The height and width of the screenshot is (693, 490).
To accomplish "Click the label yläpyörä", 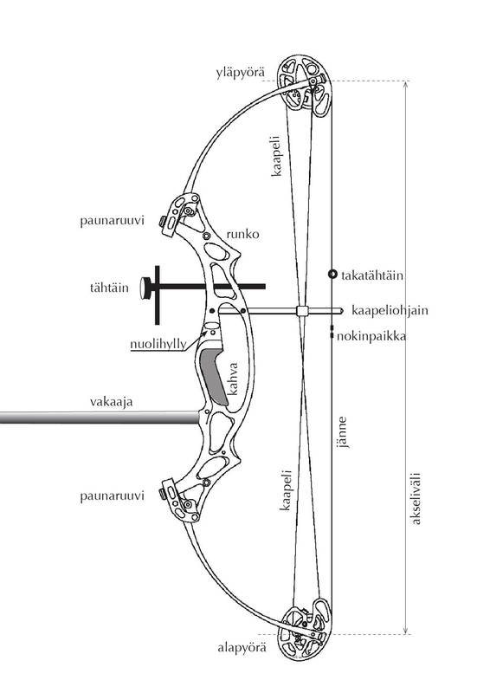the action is click(241, 73).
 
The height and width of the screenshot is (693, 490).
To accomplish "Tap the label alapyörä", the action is click(242, 648).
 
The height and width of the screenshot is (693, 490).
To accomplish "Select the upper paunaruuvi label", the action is click(113, 221).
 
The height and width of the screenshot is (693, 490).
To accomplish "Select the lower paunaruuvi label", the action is click(113, 495).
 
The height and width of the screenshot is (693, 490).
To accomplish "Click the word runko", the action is click(242, 234).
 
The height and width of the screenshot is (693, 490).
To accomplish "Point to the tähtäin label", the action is click(110, 288).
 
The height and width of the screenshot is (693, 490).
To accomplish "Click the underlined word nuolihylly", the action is click(158, 344).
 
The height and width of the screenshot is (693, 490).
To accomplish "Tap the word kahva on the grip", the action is click(232, 379).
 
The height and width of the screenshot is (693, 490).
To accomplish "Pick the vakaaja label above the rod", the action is click(112, 402).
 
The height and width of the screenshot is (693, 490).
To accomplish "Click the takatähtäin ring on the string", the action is click(332, 274).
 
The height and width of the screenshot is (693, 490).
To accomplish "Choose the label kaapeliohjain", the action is click(390, 310).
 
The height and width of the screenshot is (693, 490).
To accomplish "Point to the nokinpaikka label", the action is click(371, 336).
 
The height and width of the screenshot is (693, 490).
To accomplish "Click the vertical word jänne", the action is click(342, 432).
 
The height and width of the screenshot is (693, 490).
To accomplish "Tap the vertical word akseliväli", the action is click(416, 499).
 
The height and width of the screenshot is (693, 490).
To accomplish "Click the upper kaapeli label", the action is click(276, 156).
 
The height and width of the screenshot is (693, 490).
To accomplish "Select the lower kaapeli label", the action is click(286, 490).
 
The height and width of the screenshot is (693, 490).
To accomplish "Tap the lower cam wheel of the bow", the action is click(304, 629).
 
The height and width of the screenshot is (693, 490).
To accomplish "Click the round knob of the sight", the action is click(145, 288).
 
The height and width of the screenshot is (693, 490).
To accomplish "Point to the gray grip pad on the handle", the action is click(214, 376).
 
